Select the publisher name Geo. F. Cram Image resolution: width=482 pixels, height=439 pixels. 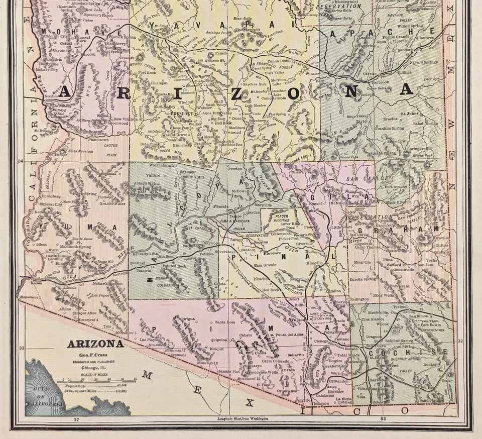95,354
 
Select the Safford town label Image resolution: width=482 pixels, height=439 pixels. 394,265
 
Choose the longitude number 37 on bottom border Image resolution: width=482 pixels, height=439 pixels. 76,418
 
